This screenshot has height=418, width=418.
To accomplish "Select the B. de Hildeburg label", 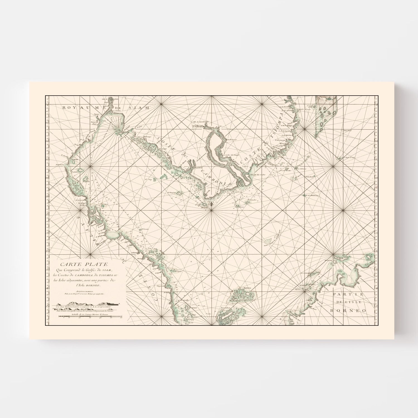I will (x=312, y=195).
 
